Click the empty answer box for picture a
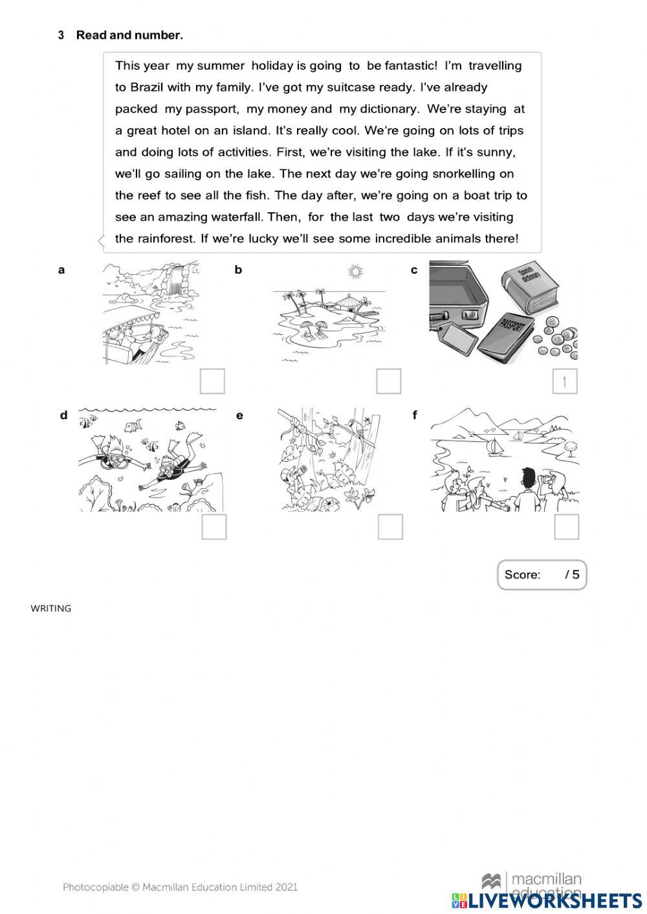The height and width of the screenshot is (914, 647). pyautogui.click(x=212, y=381)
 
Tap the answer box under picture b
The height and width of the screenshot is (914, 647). pyautogui.click(x=388, y=381)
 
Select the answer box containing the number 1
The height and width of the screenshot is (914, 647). pyautogui.click(x=564, y=381)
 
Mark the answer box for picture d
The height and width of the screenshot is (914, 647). pyautogui.click(x=214, y=527)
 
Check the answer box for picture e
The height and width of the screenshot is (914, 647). pyautogui.click(x=390, y=527)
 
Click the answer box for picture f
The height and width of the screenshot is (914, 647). pyautogui.click(x=566, y=527)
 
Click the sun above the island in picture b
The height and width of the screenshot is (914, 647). pyautogui.click(x=354, y=272)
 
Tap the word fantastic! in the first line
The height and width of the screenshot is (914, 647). pyautogui.click(x=411, y=65)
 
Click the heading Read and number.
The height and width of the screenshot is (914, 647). pyautogui.click(x=129, y=36)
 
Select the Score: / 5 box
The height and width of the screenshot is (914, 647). pyautogui.click(x=542, y=574)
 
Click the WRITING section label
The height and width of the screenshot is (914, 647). pyautogui.click(x=51, y=608)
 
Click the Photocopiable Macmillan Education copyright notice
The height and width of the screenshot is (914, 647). pyautogui.click(x=180, y=887)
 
